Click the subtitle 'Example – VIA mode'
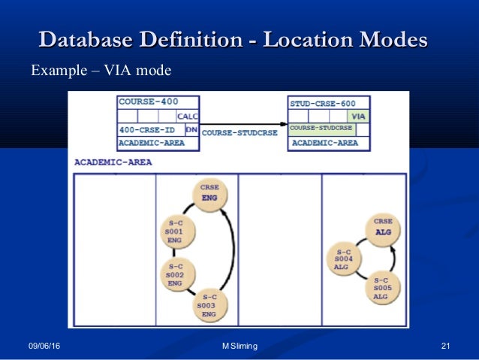point(101,71)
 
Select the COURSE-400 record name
point(148,101)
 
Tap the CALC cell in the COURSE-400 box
point(186,116)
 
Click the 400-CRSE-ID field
point(148,129)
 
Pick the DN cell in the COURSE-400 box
point(191,129)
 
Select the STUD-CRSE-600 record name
point(324,102)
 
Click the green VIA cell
point(359,116)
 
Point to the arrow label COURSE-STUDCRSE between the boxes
point(239,133)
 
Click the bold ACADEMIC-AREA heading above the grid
point(113,162)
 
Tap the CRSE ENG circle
point(209,193)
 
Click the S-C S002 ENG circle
point(176,274)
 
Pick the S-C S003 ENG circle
point(208,305)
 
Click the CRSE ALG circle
point(383,227)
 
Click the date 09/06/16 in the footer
point(45,345)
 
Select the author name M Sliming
point(239,345)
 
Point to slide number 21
point(445,345)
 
